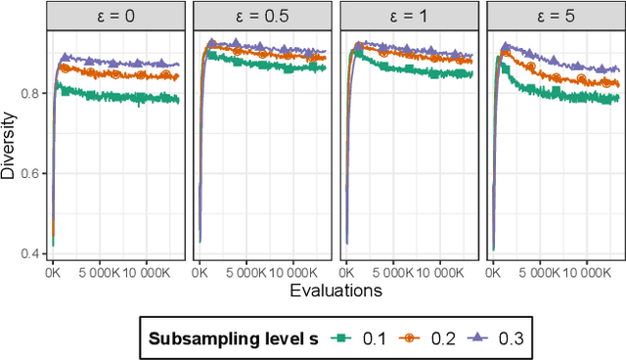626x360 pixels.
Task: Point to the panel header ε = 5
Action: tap(555, 17)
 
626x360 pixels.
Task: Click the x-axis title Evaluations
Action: tap(335, 291)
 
